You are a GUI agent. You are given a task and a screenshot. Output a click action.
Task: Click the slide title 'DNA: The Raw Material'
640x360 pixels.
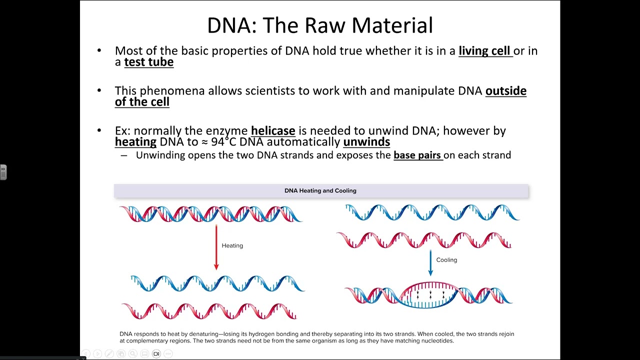point(320,25)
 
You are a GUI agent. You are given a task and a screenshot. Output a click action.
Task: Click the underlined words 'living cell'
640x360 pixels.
point(485,50)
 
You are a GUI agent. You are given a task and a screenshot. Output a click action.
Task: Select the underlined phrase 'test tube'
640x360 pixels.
point(148,62)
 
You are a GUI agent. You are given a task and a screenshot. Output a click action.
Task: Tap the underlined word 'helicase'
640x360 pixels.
point(273,131)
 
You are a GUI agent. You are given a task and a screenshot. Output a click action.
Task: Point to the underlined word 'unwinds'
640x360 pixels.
point(366,142)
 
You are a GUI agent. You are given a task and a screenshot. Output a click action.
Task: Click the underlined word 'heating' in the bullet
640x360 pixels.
point(135,142)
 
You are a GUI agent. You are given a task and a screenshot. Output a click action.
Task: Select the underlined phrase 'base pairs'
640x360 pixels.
point(417,155)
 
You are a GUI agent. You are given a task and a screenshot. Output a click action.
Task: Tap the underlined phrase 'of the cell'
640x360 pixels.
point(142,102)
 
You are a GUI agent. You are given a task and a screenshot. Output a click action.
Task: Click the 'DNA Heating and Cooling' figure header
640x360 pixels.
point(320,190)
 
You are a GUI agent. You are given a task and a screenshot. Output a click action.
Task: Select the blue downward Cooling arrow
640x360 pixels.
point(430,262)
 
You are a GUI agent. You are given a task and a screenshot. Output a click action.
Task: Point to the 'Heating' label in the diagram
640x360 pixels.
point(232,245)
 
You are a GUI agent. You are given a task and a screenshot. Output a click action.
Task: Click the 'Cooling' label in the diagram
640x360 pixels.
point(446,260)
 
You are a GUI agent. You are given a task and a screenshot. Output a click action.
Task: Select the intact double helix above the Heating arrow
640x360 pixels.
point(211,213)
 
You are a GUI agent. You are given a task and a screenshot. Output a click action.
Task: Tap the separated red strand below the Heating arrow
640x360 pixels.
point(210,311)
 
